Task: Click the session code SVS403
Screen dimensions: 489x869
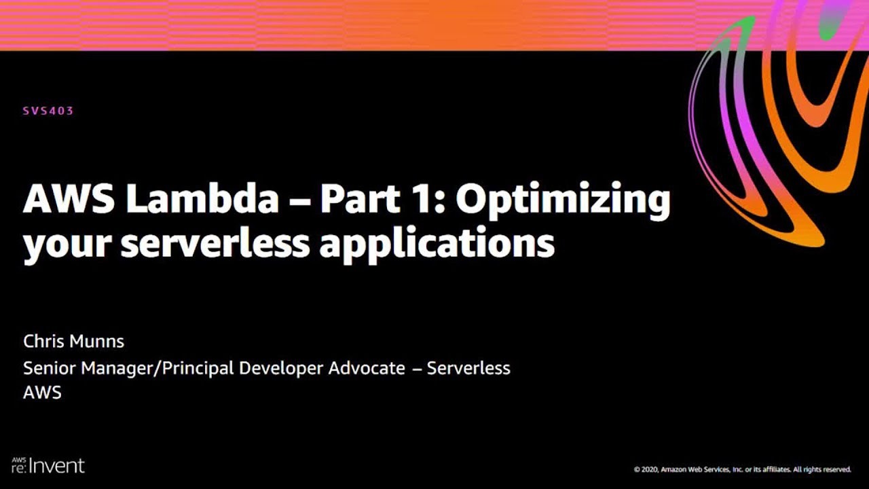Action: [x=48, y=111]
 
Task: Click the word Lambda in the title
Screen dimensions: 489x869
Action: [x=203, y=199]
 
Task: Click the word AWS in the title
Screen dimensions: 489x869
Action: [x=69, y=199]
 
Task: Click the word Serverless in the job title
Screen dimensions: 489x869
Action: [x=468, y=368]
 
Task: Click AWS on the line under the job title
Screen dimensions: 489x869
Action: [x=42, y=392]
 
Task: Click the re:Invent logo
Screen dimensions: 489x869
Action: [x=48, y=465]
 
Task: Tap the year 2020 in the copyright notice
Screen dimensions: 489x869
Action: [x=652, y=469]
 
